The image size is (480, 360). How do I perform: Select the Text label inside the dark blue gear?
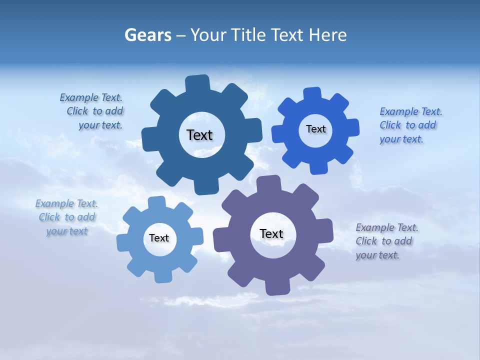tap(200, 135)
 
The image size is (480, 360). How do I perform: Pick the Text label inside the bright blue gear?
tap(316, 129)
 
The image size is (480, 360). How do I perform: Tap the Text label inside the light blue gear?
tap(159, 238)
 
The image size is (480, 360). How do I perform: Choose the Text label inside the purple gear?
tap(271, 233)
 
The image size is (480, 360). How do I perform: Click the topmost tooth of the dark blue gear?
tap(197, 82)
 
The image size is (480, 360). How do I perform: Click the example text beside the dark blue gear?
tap(93, 111)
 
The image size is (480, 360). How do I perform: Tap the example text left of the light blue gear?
tap(67, 217)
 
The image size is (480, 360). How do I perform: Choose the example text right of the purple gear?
tap(386, 241)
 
